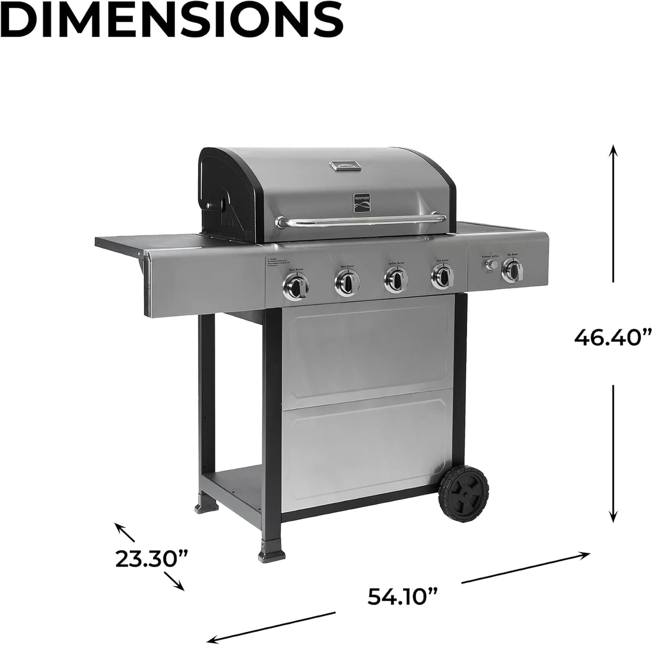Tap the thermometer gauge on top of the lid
tap(346, 166)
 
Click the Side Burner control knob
tap(514, 270)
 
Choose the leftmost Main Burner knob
tap(296, 285)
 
